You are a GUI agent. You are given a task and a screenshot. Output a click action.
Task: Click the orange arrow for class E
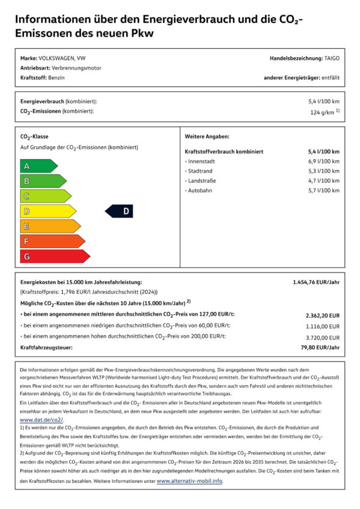[49, 226]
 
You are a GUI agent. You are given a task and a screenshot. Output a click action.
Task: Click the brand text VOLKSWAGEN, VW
[62, 58]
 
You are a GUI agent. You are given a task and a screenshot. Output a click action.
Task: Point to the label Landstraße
[203, 181]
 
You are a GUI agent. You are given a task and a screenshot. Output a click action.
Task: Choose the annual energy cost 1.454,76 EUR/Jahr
[316, 282]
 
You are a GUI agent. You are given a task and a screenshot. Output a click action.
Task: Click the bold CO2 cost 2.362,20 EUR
[322, 316]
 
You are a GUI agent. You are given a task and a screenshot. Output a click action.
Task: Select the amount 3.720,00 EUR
[323, 337]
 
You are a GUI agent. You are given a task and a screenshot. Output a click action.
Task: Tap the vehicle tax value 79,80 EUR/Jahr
[321, 347]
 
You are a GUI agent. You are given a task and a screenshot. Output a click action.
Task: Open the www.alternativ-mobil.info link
[189, 481]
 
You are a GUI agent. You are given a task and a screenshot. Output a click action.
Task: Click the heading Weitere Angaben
[207, 137]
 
